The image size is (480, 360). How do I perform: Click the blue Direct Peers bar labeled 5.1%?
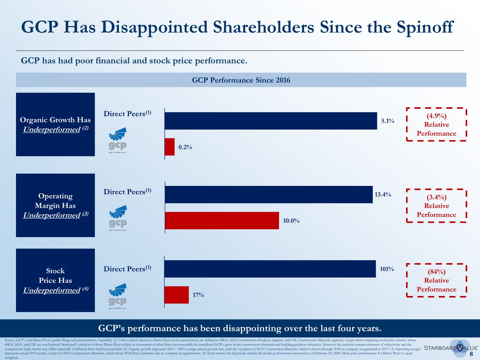(x=271, y=121)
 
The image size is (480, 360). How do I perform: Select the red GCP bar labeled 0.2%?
(x=170, y=147)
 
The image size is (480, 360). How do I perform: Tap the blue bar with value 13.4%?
(x=269, y=195)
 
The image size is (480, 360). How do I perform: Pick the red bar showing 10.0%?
(x=222, y=220)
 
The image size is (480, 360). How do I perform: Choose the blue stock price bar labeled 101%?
(x=270, y=269)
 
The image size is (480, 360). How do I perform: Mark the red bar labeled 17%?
(x=177, y=295)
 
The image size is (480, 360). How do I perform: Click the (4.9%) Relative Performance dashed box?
(x=436, y=124)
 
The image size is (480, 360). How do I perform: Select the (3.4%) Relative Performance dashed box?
(x=436, y=206)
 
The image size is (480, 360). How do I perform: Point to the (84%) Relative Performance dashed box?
(x=436, y=280)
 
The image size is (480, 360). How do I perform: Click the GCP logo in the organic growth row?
(x=118, y=140)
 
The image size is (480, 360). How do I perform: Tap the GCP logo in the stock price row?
(x=118, y=296)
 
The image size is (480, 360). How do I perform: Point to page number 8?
(x=471, y=354)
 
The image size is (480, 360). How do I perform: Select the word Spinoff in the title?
(x=425, y=27)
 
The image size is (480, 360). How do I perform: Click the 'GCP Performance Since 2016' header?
(x=241, y=80)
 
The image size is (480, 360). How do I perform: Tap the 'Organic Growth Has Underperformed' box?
(x=55, y=124)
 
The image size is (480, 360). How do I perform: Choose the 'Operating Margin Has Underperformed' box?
(x=55, y=205)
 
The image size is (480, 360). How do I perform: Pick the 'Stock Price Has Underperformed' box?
(x=55, y=280)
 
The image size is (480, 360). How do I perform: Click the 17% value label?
(x=198, y=295)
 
